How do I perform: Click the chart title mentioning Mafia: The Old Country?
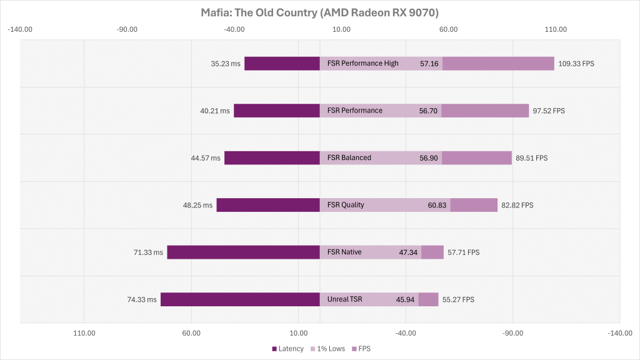click(319, 12)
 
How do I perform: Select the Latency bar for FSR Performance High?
click(282, 63)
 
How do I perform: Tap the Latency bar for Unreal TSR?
click(240, 299)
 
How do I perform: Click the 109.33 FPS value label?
click(576, 64)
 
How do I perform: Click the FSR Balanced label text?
click(349, 157)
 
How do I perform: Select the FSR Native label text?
click(344, 252)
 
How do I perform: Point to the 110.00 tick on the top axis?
click(556, 29)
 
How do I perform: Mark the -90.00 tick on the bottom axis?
click(512, 333)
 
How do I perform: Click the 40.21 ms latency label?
click(215, 111)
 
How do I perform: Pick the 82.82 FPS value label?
click(517, 205)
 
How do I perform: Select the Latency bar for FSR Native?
click(243, 252)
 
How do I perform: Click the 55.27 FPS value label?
click(458, 299)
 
